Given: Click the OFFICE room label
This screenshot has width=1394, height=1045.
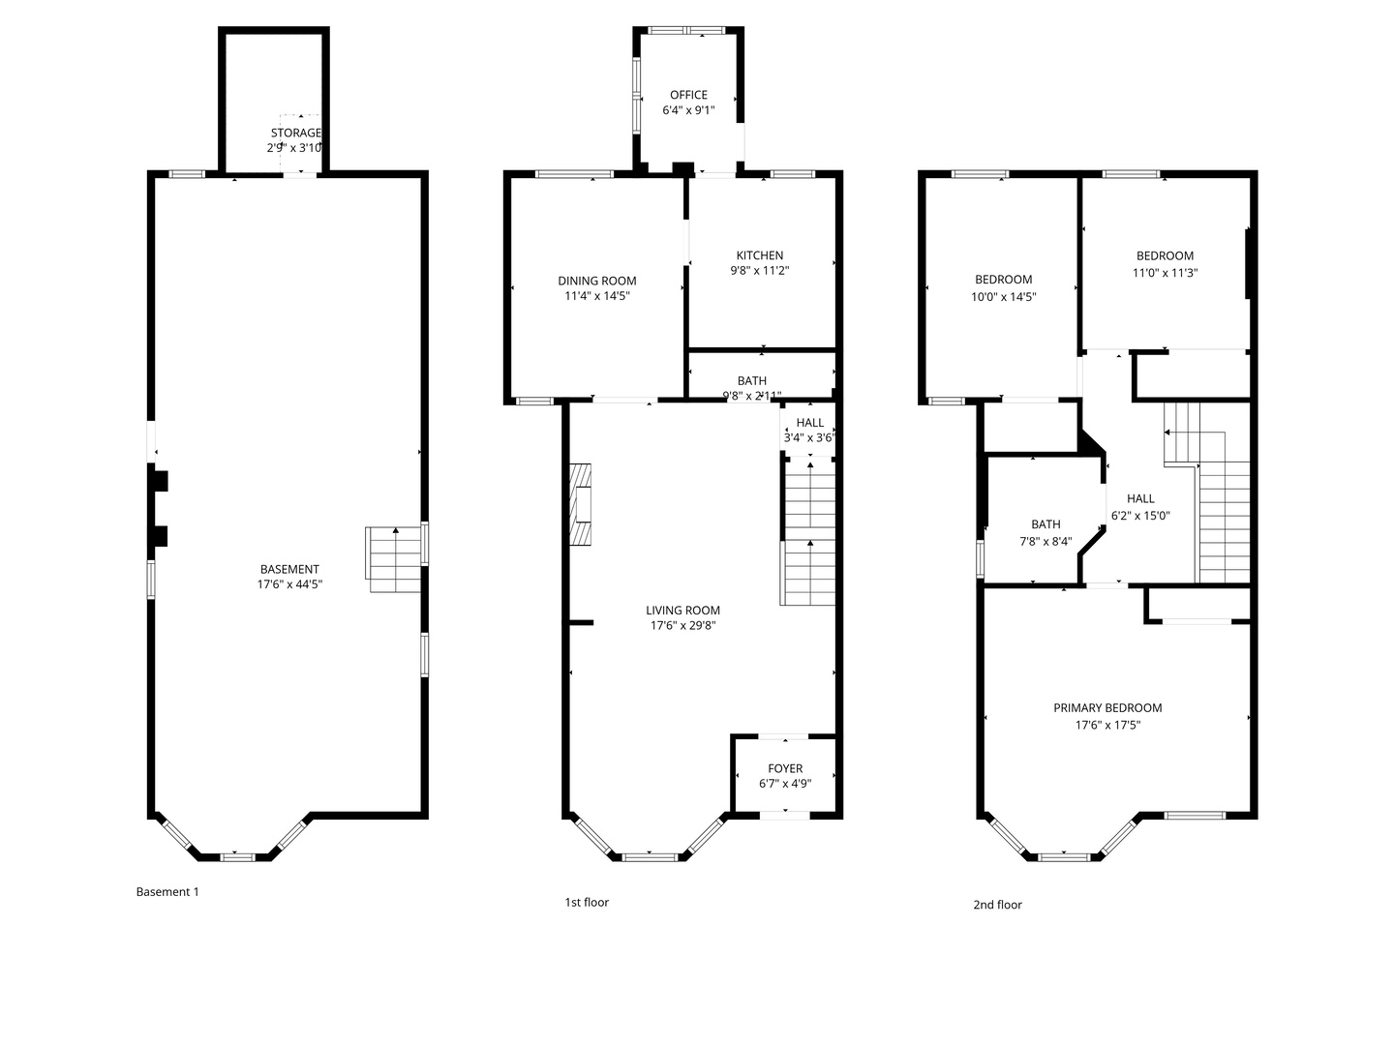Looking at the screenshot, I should coord(688,95).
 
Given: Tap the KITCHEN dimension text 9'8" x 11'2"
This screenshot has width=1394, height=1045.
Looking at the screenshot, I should coord(759,271).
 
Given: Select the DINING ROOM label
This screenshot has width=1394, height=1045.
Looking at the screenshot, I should coord(596,281).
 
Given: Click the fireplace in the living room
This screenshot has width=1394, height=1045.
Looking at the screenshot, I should coord(580,505).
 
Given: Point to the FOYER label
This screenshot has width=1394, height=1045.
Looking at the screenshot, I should coord(785,768).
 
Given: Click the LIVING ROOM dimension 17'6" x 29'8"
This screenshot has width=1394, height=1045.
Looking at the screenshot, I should coord(682,626).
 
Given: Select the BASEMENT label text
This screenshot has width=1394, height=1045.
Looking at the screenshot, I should coord(289,569).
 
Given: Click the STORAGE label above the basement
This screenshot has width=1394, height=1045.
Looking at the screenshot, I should coord(295,133).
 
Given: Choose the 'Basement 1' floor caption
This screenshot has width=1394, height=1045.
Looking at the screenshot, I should coord(167,892).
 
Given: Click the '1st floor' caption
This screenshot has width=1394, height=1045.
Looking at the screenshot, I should coord(587,902).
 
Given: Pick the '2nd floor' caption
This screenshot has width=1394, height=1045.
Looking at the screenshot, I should coord(997,905).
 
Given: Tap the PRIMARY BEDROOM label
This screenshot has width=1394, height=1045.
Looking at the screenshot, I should coord(1107,707).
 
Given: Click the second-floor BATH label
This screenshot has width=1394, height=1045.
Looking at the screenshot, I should coord(1045,524).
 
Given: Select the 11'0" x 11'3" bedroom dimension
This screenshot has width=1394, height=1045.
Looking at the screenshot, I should coord(1165,273).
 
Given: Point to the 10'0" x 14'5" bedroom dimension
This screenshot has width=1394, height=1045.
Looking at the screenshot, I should coord(1004,297).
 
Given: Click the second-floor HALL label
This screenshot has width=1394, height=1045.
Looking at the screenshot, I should coord(1140,498).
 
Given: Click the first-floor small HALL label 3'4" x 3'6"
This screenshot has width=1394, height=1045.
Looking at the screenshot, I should coord(809,423).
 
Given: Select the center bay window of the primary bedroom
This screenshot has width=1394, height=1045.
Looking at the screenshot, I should coord(1064,856).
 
